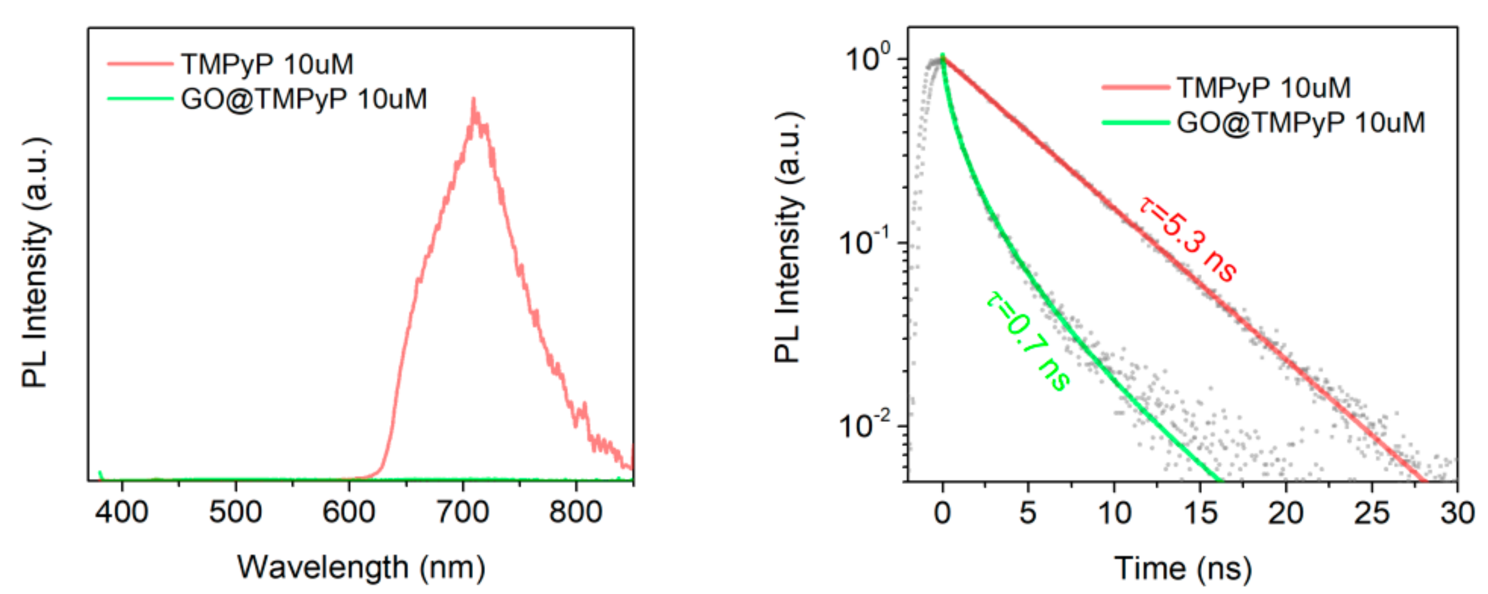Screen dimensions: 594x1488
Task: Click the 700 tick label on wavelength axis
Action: coord(462,512)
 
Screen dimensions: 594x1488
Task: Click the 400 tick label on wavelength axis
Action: coord(121,512)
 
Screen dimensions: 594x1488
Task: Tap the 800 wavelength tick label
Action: coord(575,512)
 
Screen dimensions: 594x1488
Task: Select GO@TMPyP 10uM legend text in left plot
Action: coord(304,99)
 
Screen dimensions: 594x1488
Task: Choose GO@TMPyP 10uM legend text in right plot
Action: coord(1301,122)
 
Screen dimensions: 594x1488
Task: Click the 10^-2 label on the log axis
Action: coord(864,426)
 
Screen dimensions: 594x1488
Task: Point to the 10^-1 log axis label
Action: coord(864,242)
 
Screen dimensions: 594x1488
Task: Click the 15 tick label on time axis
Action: coord(1200,513)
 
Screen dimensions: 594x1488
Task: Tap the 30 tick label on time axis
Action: coord(1457,513)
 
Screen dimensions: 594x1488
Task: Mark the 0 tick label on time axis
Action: coord(942,513)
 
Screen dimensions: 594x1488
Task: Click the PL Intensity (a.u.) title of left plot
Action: coord(36,263)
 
